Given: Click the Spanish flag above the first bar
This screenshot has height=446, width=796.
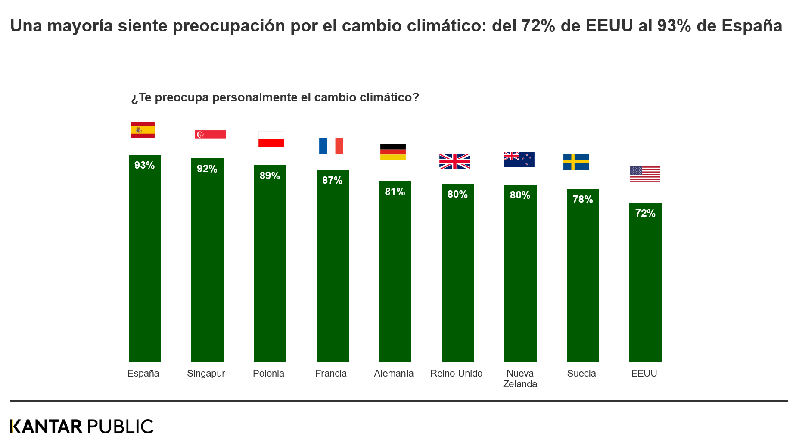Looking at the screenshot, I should pos(143,129).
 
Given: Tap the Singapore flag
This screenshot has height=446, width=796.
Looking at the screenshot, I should pos(210,135).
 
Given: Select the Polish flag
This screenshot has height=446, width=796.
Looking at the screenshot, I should pos(271,139).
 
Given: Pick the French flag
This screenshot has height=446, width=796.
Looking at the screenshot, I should pos(331,145).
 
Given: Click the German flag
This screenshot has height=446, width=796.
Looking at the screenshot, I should pos(393,152).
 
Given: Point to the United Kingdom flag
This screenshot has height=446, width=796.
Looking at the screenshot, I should pos(455,161).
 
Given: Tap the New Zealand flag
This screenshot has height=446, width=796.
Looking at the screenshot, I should pos(519,160).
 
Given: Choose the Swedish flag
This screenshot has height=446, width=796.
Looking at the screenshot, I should pos(576,161).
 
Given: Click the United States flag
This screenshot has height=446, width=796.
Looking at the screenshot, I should pos(645,174).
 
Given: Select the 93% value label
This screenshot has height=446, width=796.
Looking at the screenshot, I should pos(144,165).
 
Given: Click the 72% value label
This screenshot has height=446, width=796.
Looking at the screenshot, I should pos(645,213).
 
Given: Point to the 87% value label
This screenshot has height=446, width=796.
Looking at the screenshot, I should pos(332,180).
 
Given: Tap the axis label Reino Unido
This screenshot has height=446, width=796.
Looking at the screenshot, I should pos(456,374).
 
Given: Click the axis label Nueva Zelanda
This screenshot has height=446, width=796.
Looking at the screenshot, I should pos(520,379).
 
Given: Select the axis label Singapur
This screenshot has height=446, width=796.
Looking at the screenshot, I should pos(206,374).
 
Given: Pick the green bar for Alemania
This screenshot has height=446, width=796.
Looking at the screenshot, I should pos(395,276).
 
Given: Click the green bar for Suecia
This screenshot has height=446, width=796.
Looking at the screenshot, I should pos(583,280).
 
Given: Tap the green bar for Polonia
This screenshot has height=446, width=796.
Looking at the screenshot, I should pos(270,267).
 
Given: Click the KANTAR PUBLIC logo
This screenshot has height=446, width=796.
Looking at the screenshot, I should pos(81,427).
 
